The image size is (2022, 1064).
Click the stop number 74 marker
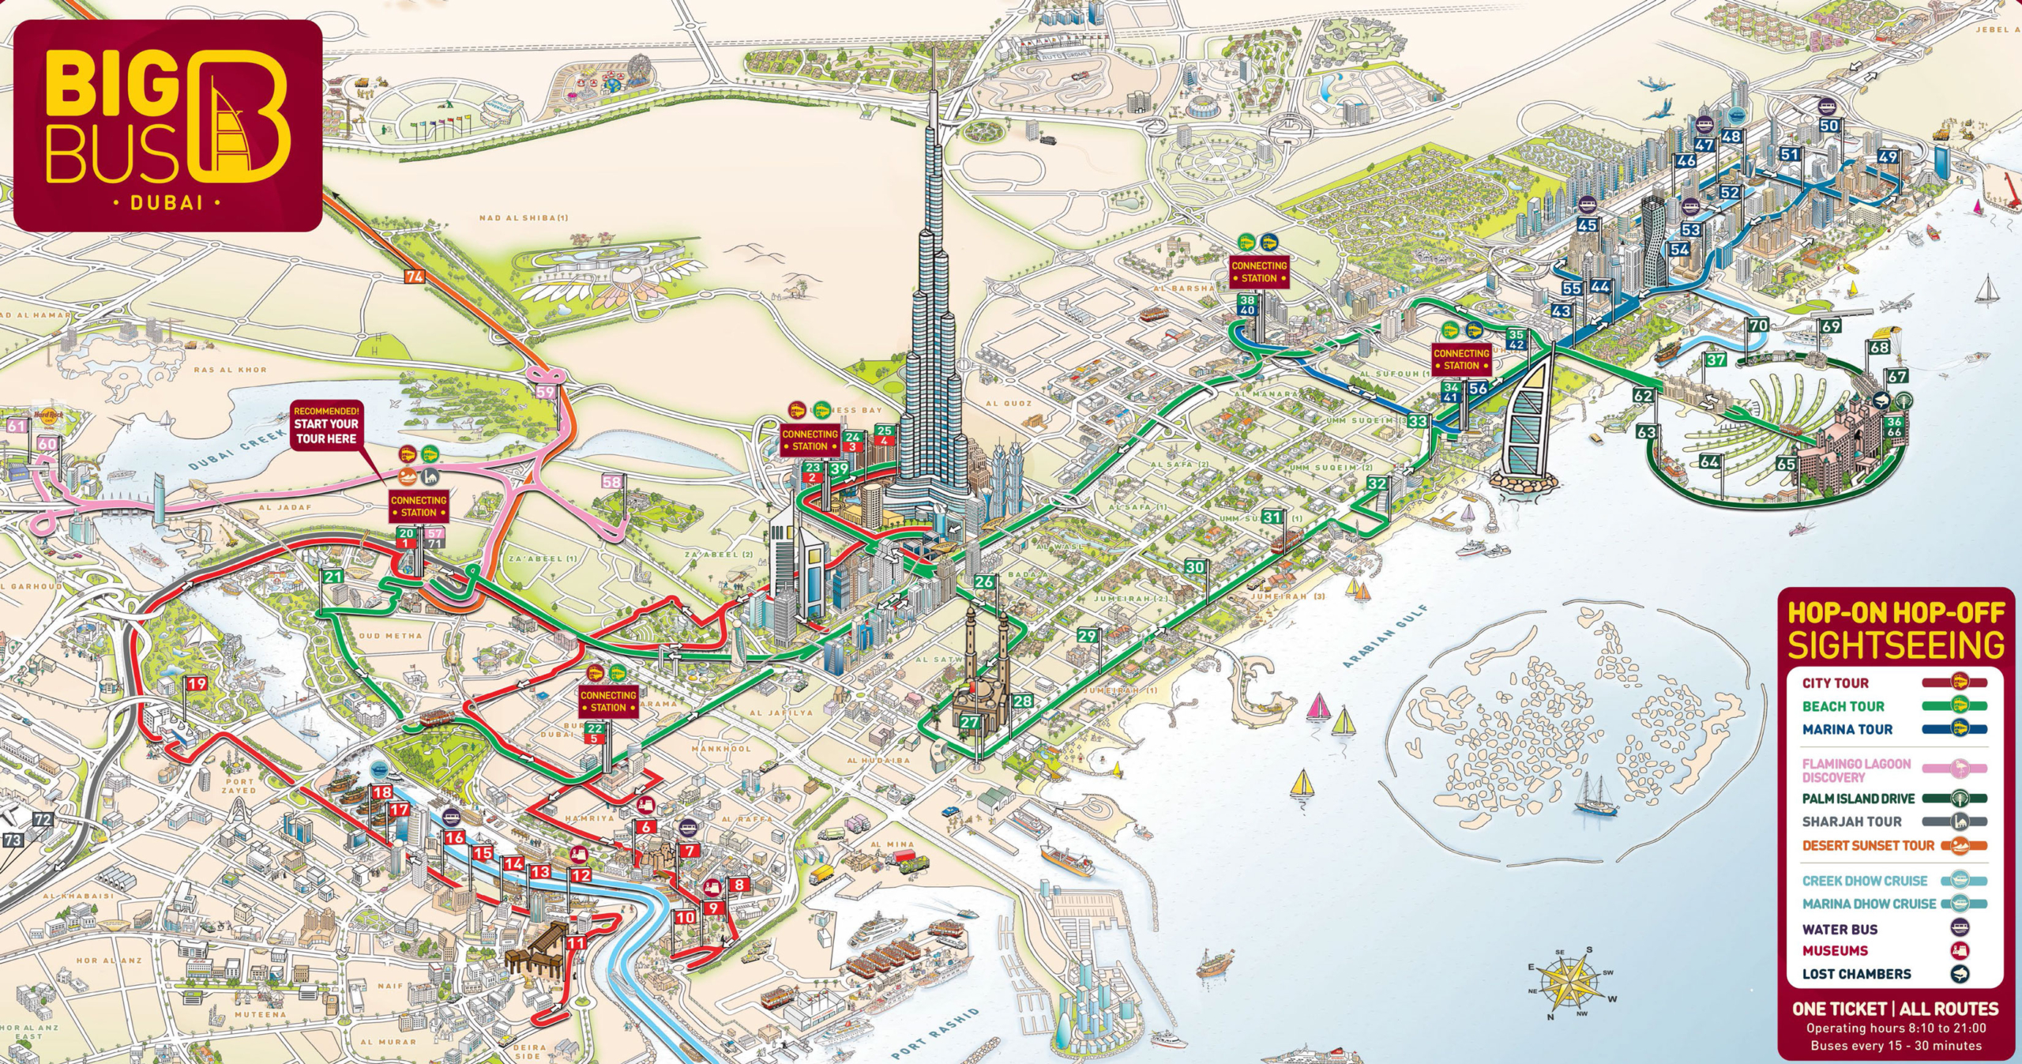pyautogui.click(x=415, y=276)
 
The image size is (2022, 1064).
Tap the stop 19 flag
pyautogui.click(x=197, y=684)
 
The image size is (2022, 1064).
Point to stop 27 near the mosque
pyautogui.click(x=969, y=722)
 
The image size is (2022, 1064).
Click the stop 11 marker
pyautogui.click(x=577, y=942)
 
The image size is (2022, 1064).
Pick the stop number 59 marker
pyautogui.click(x=546, y=392)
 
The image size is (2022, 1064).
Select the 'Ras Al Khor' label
pyautogui.click(x=231, y=370)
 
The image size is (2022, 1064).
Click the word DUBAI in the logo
pyautogui.click(x=167, y=202)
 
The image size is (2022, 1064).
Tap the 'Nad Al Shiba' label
pyautogui.click(x=524, y=218)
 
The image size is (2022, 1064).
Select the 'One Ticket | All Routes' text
pyautogui.click(x=1895, y=1009)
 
